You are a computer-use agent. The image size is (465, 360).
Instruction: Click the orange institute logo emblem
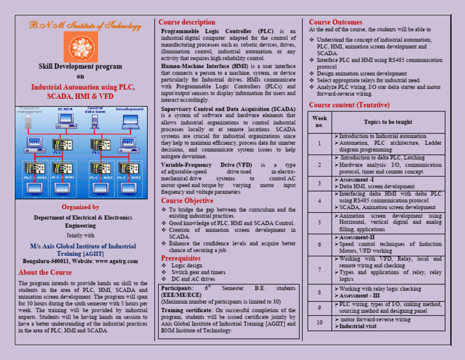[80, 45]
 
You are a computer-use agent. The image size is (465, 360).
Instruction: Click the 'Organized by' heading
[80, 207]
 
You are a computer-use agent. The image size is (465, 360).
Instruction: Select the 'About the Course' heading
[45, 273]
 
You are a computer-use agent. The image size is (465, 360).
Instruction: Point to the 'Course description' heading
[186, 22]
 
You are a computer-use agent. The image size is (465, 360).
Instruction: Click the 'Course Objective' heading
[187, 201]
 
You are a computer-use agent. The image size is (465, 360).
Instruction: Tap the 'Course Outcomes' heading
[335, 22]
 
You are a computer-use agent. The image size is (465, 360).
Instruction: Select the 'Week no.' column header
[320, 121]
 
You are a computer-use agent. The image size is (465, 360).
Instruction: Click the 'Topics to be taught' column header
[388, 122]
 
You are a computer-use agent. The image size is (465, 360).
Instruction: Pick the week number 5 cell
[320, 222]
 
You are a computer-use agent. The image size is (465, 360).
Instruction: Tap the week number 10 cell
[320, 322]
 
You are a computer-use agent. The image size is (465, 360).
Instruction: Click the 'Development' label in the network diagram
[130, 109]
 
